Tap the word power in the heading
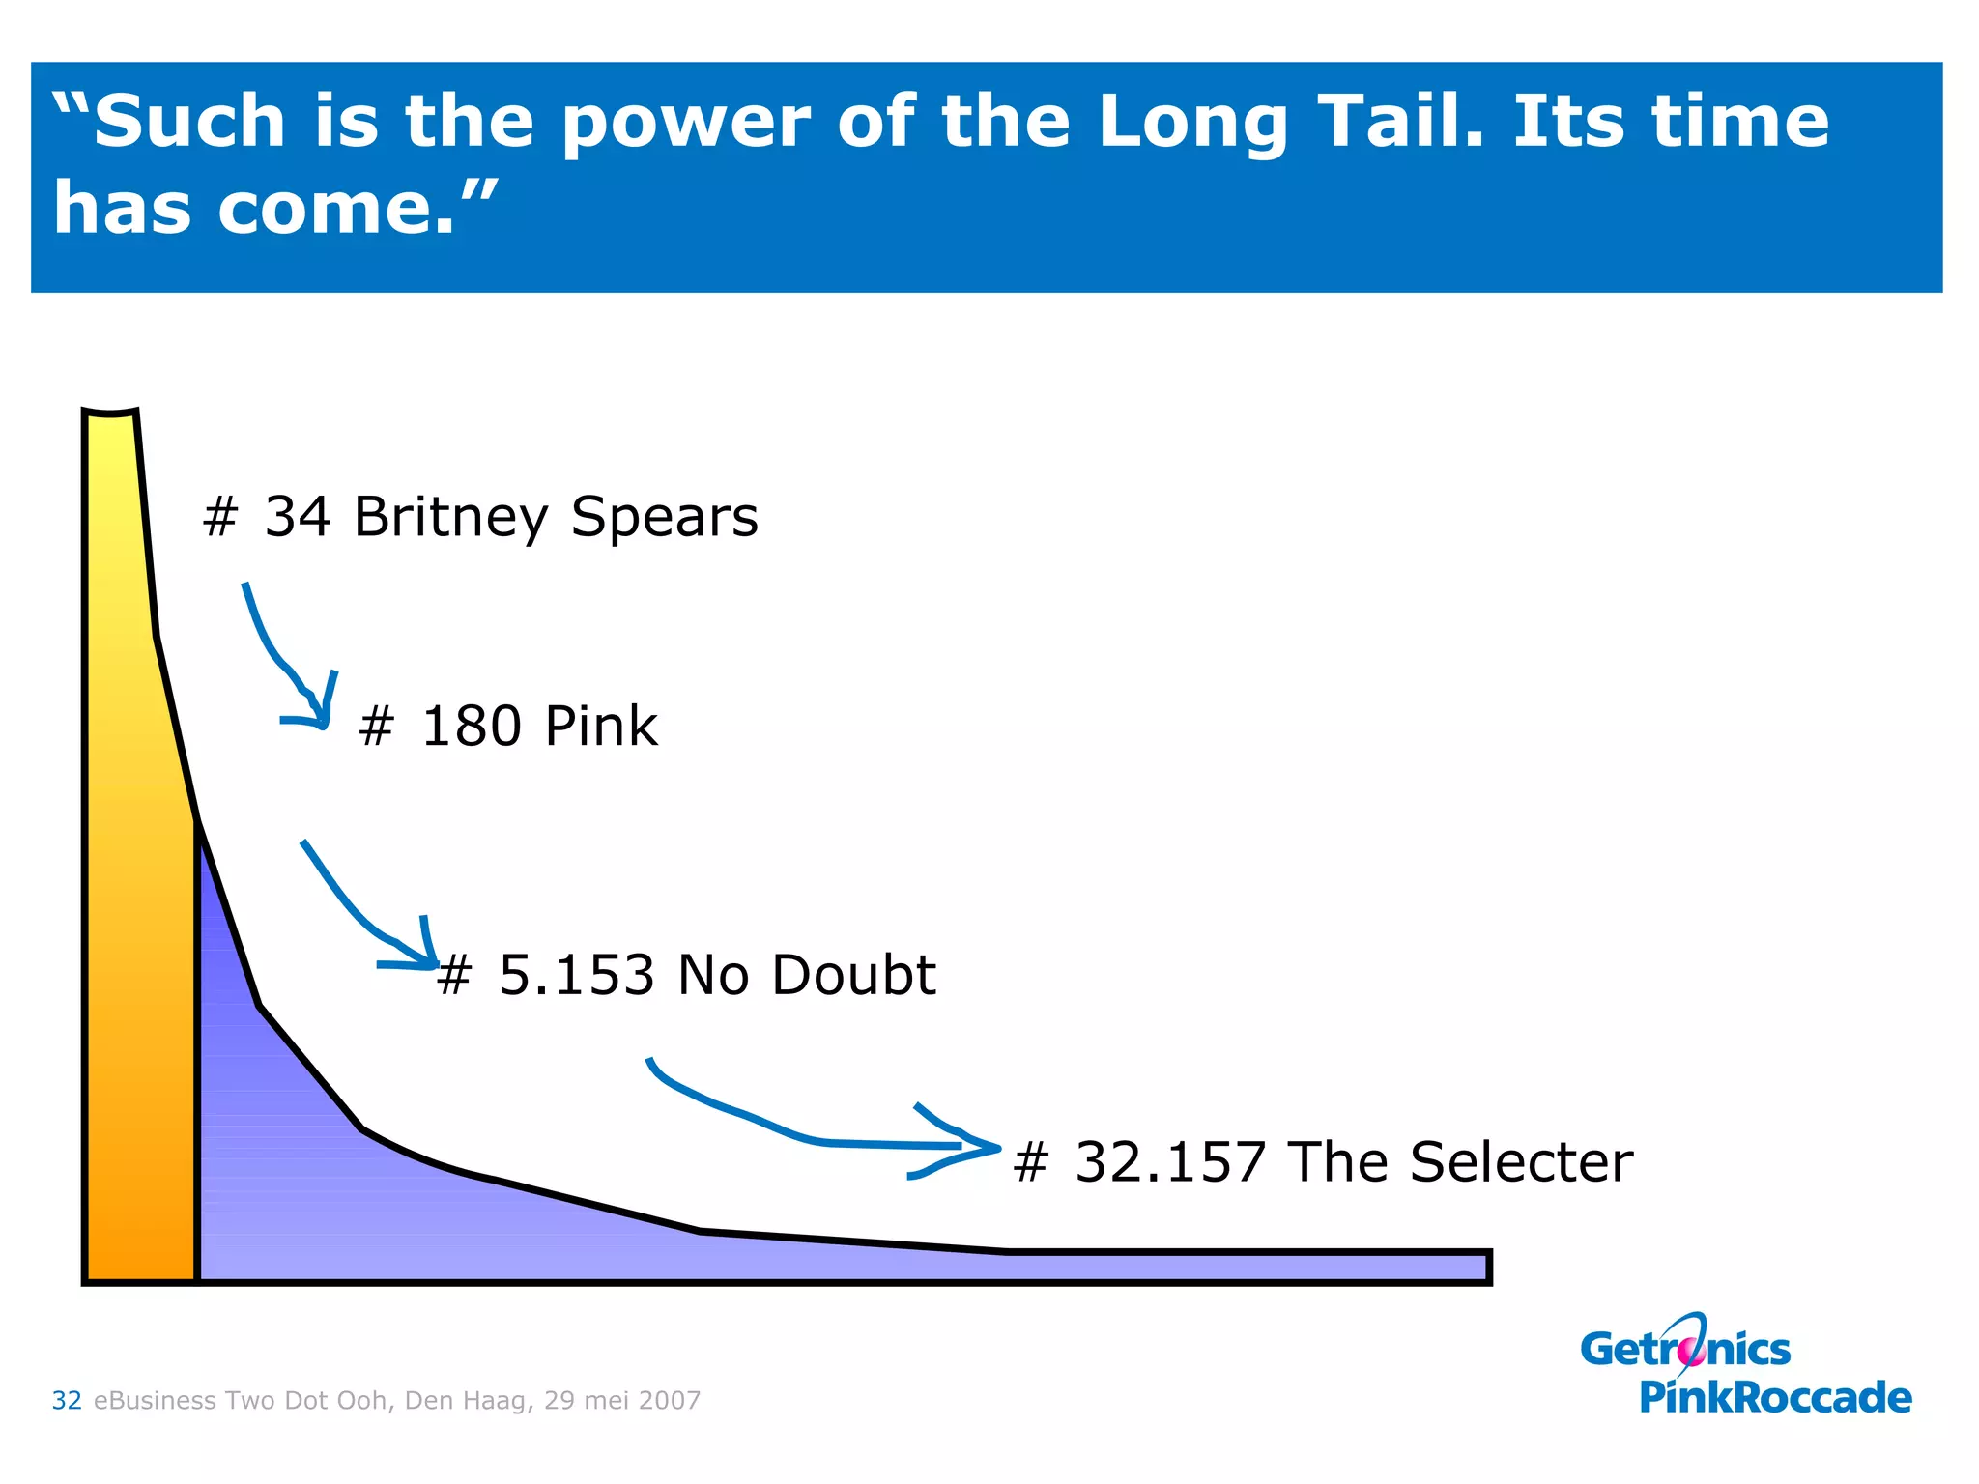[x=686, y=124]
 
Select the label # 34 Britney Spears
[x=480, y=517]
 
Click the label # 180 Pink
[x=508, y=727]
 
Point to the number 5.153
[x=576, y=975]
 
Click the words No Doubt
[x=807, y=975]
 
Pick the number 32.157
[x=1170, y=1162]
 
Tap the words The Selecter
[x=1460, y=1162]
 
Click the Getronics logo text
[x=1685, y=1350]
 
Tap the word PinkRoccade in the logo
[x=1775, y=1398]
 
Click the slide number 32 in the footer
[x=67, y=1400]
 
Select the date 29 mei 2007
[x=622, y=1400]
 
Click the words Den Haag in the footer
[x=468, y=1400]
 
